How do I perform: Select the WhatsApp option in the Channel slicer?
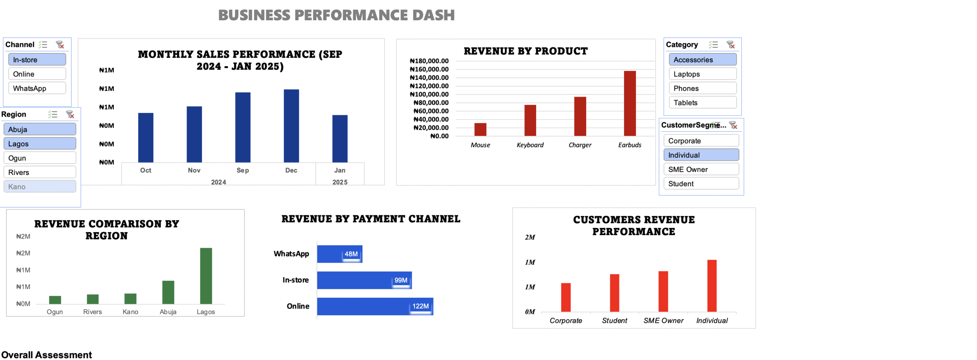(37, 88)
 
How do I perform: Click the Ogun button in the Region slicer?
(40, 158)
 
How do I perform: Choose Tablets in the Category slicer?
(702, 103)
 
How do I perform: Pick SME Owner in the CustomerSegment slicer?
(701, 170)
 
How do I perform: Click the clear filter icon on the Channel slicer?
(60, 45)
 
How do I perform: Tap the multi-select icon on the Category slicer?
(713, 45)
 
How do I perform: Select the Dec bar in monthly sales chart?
(291, 126)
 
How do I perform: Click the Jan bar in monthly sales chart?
(340, 139)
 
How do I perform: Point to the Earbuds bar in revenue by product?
(629, 103)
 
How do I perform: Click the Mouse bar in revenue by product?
(480, 129)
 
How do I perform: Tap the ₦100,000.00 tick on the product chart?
(429, 94)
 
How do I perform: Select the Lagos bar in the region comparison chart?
(206, 276)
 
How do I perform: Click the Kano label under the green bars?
(130, 312)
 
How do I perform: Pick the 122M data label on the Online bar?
(420, 306)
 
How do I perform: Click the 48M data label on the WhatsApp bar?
(351, 254)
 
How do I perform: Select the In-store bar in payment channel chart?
(364, 280)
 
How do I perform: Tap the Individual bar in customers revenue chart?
(711, 286)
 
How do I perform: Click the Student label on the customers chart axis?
(614, 321)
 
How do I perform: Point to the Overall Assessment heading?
(47, 355)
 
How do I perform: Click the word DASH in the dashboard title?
(433, 15)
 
